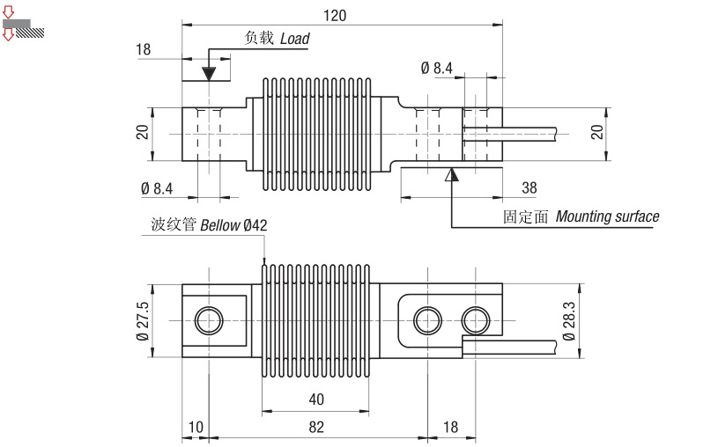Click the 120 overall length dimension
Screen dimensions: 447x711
point(335,15)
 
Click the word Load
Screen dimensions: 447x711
point(295,39)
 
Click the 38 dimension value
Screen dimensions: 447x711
point(529,187)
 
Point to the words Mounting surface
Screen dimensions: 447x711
point(607,216)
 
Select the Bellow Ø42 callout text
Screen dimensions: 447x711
point(233,225)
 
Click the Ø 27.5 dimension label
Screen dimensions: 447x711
point(143,319)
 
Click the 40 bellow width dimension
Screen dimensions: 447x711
point(316,399)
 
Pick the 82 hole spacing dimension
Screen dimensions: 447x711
point(316,427)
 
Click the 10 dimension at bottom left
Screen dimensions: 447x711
point(196,427)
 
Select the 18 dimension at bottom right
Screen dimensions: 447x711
point(449,427)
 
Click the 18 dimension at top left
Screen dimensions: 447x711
point(144,49)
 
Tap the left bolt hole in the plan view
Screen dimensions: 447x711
point(210,319)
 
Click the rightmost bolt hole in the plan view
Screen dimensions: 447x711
point(476,319)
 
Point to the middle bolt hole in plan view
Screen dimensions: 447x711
point(429,319)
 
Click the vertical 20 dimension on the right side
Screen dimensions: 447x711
point(596,132)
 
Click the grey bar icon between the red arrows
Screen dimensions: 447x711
point(19,24)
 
